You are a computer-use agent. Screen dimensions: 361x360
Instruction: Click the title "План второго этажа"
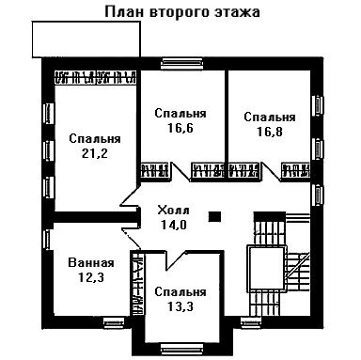182,12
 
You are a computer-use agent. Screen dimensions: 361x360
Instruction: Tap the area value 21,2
95,153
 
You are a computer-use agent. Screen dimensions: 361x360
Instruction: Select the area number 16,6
180,128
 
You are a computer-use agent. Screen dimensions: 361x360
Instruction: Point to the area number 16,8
270,132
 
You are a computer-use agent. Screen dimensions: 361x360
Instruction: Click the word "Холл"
173,210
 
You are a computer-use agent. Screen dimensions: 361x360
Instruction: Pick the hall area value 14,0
174,225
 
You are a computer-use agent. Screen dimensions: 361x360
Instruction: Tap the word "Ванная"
91,262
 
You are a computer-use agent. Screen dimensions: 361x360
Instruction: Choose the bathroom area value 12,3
91,277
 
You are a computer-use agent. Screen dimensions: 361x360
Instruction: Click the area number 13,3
180,306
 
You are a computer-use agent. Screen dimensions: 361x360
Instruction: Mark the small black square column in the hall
215,217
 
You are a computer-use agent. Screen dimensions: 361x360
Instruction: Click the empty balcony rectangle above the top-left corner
86,39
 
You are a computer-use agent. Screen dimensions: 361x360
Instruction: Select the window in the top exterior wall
180,64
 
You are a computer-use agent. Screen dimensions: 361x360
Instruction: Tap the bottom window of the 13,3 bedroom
180,349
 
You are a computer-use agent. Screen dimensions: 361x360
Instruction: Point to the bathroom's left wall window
47,240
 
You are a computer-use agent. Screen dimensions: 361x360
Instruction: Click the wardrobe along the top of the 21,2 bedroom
96,77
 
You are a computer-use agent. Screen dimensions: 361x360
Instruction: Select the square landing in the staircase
267,269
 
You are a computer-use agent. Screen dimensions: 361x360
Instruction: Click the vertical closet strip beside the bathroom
137,283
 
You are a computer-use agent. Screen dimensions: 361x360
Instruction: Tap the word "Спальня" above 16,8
270,117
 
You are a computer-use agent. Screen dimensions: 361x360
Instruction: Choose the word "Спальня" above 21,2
95,139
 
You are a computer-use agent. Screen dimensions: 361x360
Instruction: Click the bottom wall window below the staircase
251,322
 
